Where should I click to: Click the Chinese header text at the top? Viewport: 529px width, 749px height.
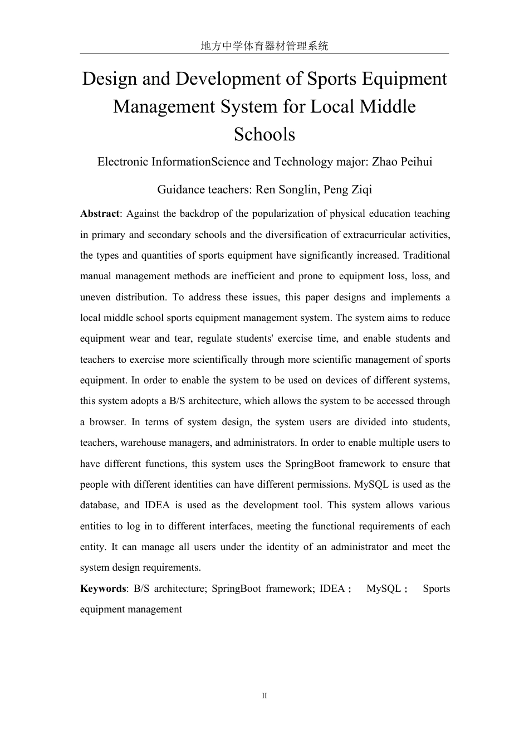(264, 46)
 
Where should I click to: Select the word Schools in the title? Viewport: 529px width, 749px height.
(264, 134)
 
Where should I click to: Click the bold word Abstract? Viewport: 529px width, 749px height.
(100, 214)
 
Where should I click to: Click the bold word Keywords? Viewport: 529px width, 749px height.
(103, 589)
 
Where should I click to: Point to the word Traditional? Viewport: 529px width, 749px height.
(426, 256)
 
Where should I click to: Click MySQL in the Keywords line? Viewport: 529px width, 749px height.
(383, 589)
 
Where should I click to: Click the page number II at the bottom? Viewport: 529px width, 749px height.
(264, 696)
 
